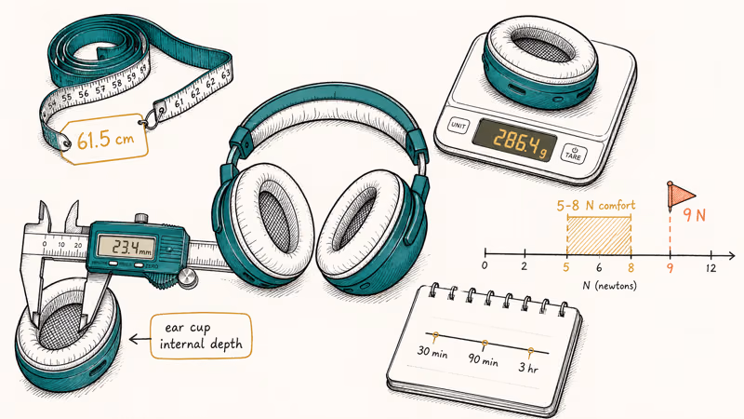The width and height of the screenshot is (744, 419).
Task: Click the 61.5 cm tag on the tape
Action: [x=104, y=139]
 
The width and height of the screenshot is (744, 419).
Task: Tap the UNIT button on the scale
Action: [x=458, y=126]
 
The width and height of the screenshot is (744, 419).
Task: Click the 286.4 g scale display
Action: [x=515, y=141]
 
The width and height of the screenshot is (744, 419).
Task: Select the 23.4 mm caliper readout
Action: [x=126, y=246]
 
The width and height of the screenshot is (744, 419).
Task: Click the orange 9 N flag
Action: [x=681, y=195]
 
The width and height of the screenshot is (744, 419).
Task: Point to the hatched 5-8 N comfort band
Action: [x=599, y=236]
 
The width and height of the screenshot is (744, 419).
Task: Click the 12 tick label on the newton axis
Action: [x=711, y=268]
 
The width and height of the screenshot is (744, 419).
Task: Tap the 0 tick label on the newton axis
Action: [x=484, y=265]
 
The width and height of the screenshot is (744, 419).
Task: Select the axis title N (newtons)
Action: [x=609, y=286]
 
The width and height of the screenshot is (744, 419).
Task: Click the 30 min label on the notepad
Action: [x=432, y=352]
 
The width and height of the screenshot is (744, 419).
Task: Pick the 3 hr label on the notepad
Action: [x=528, y=367]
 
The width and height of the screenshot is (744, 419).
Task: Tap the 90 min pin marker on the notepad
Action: [x=484, y=345]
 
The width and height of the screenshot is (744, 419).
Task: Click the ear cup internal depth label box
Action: [x=201, y=336]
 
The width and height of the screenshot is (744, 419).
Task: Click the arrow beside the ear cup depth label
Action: [x=140, y=339]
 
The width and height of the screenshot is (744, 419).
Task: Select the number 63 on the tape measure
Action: [x=226, y=74]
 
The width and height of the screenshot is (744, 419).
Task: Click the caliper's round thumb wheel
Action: [x=188, y=277]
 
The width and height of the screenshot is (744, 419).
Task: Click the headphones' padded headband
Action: [x=328, y=112]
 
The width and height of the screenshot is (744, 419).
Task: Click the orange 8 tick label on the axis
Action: [x=631, y=268]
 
